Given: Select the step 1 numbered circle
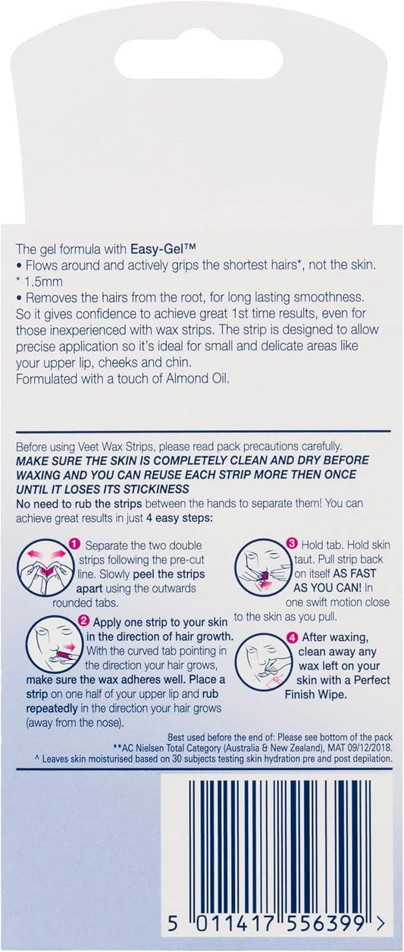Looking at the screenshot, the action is [75, 544].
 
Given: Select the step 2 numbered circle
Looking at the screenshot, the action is [84, 621].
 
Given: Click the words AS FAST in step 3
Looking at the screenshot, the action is [354, 573].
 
